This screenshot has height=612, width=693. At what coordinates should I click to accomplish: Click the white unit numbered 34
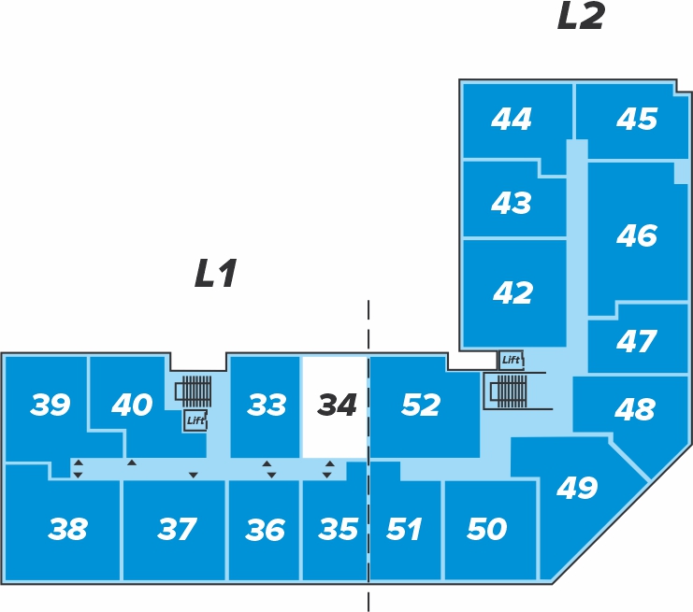point(335,406)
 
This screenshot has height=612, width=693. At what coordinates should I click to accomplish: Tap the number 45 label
point(637,119)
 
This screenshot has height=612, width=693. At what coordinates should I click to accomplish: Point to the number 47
point(637,341)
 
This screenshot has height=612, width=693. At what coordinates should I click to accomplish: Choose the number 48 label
point(635,409)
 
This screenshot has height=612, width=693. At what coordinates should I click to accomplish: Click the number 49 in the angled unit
point(577,488)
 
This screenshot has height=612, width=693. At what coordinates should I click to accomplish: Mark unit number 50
point(487,529)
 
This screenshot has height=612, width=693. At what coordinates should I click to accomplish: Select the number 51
point(404,529)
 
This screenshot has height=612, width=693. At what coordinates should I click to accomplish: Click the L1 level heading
point(216,274)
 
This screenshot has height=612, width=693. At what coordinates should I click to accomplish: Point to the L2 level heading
point(581,16)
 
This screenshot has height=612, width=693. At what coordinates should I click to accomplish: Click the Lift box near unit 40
point(195,420)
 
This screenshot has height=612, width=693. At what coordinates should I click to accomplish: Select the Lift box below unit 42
point(511,360)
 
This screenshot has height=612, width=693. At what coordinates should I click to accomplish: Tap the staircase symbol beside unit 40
point(194,391)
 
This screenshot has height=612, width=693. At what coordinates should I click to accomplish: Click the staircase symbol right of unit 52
point(508,391)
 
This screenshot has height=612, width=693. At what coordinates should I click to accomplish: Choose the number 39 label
point(50,405)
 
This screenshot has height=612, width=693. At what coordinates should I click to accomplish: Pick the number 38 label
point(67,529)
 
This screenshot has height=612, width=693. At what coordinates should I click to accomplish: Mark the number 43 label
point(512,203)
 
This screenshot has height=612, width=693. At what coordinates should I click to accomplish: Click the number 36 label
point(266,530)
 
